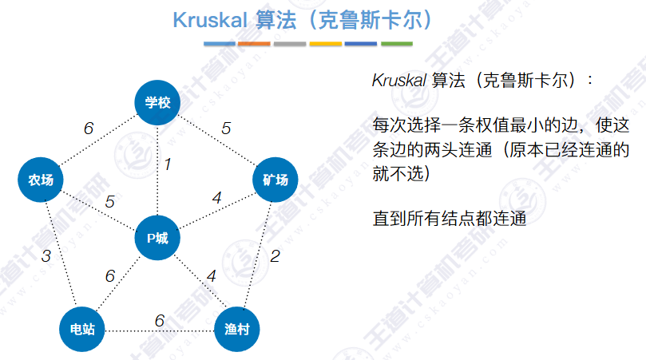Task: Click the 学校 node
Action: [158, 102]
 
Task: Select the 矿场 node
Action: [275, 180]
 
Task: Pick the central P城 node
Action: [157, 238]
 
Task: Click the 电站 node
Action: [83, 329]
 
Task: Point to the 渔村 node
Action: [237, 329]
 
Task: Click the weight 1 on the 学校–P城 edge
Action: [168, 164]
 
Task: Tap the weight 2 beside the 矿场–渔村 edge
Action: [275, 256]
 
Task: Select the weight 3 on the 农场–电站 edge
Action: [46, 256]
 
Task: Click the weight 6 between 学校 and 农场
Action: [88, 128]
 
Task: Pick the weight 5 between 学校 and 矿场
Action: [226, 128]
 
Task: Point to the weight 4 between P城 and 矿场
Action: [216, 196]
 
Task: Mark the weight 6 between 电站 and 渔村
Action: [159, 320]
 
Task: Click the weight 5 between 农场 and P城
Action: [110, 201]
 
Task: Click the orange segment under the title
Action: [254, 43]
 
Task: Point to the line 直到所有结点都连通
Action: [450, 217]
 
